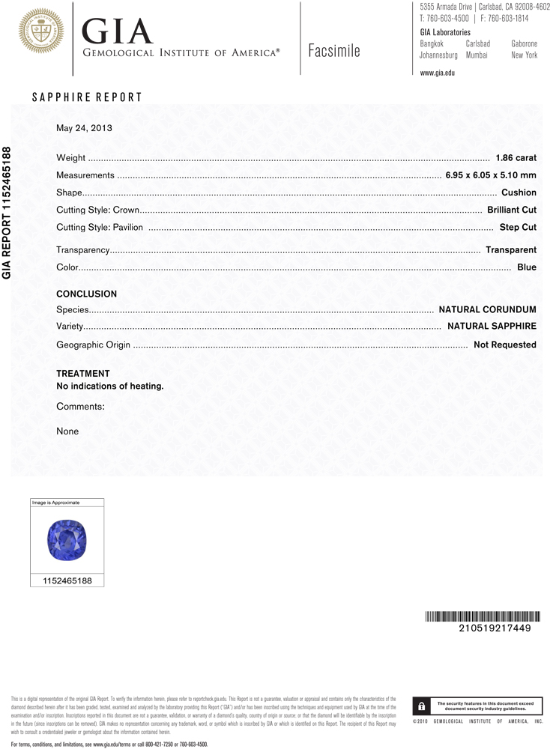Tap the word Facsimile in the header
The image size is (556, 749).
[333, 51]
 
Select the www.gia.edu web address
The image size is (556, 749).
[438, 73]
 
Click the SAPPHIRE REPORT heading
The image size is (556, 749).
[87, 97]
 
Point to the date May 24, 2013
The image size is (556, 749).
[84, 128]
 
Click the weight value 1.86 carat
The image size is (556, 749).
[516, 158]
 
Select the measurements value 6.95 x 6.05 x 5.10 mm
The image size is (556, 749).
[491, 175]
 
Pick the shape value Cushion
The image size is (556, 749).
[519, 192]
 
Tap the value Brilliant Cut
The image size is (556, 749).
[512, 210]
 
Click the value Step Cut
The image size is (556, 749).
[518, 227]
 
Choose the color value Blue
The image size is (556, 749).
[527, 267]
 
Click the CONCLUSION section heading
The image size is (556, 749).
[87, 294]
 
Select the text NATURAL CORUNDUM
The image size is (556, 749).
[487, 309]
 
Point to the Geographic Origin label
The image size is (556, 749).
[94, 345]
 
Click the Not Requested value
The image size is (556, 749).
[505, 345]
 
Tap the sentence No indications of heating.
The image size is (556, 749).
[110, 386]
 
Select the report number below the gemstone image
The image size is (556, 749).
[67, 580]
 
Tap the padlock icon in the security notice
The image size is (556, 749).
[422, 706]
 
